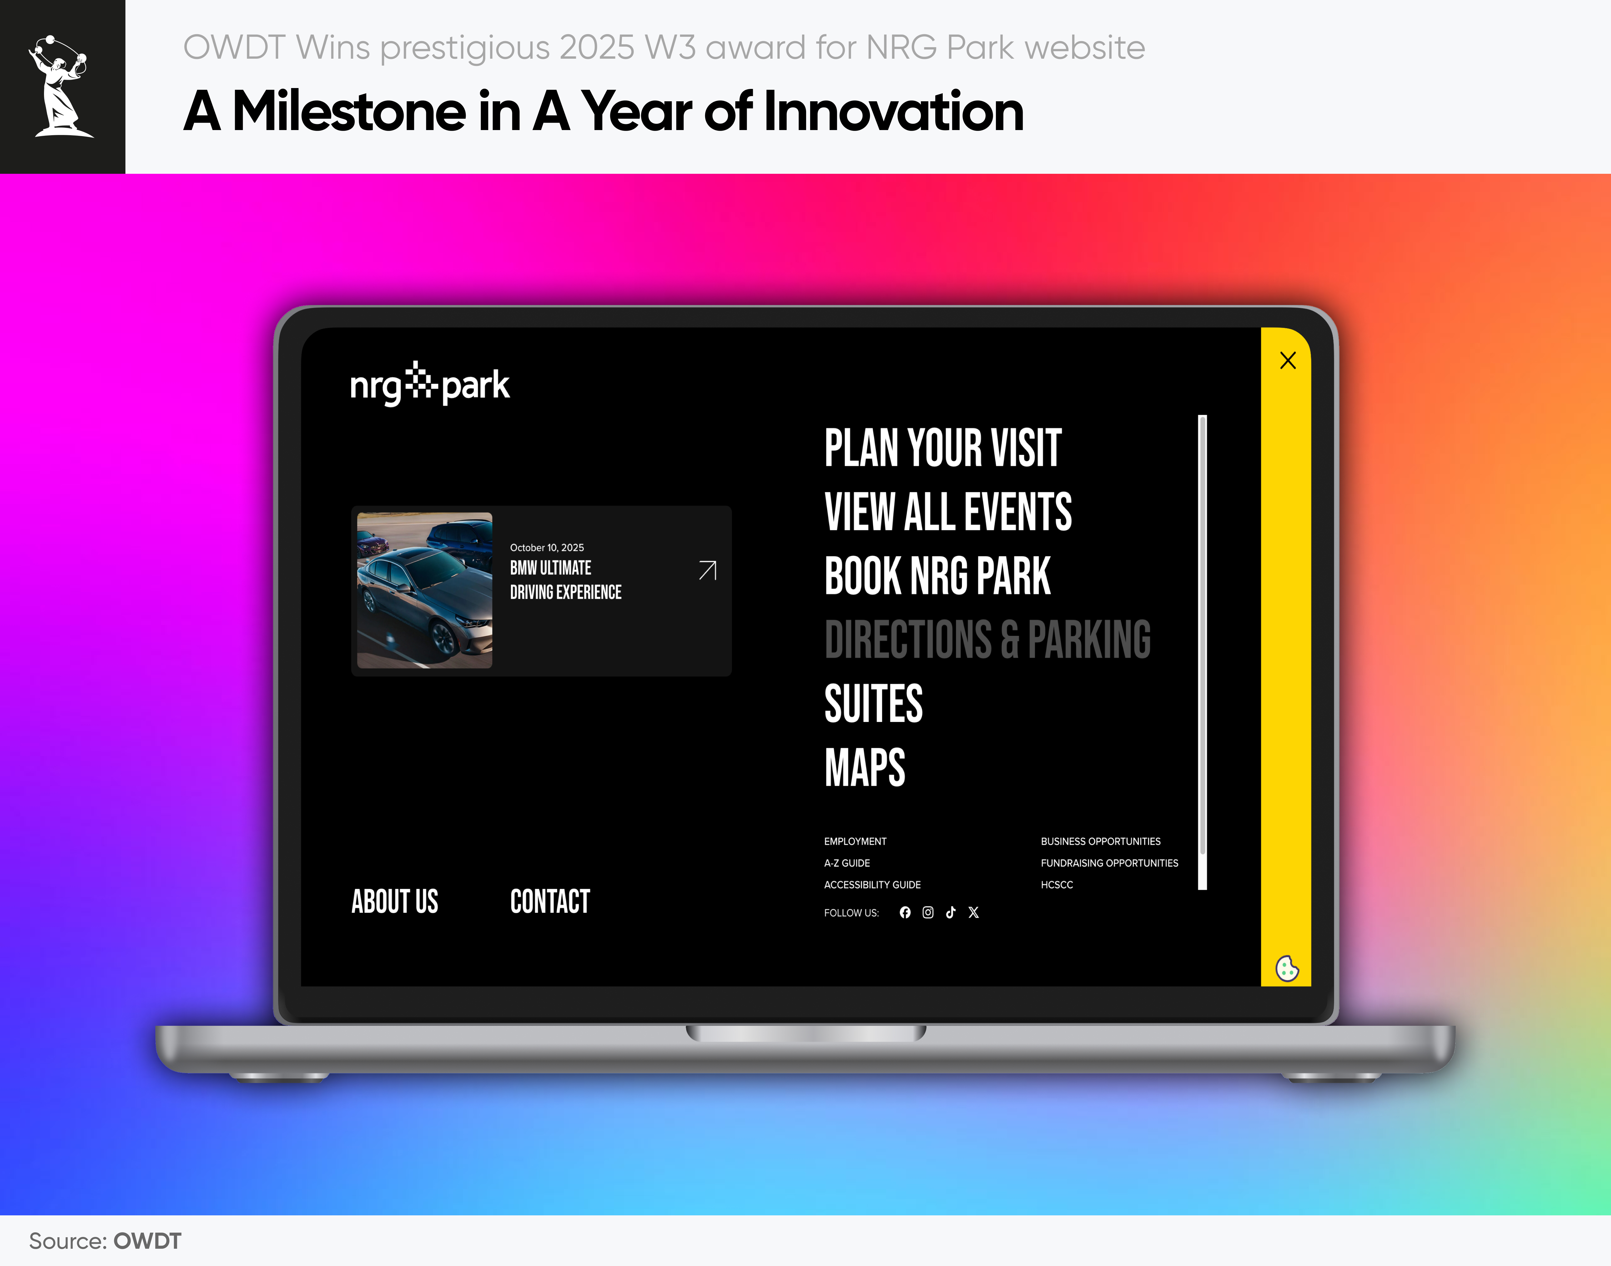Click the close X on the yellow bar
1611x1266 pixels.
click(1288, 360)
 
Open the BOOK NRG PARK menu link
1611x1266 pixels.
click(938, 576)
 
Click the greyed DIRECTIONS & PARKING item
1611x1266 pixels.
click(987, 640)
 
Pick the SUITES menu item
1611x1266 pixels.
click(873, 703)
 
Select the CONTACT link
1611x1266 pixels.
click(550, 901)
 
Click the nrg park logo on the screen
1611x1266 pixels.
click(430, 384)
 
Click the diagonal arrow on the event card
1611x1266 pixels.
click(708, 570)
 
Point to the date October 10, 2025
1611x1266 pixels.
click(547, 548)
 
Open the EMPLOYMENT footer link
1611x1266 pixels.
click(855, 841)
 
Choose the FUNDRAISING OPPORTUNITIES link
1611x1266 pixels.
click(1109, 863)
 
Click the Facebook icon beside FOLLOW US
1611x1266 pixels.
click(905, 912)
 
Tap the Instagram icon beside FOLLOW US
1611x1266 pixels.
click(928, 912)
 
